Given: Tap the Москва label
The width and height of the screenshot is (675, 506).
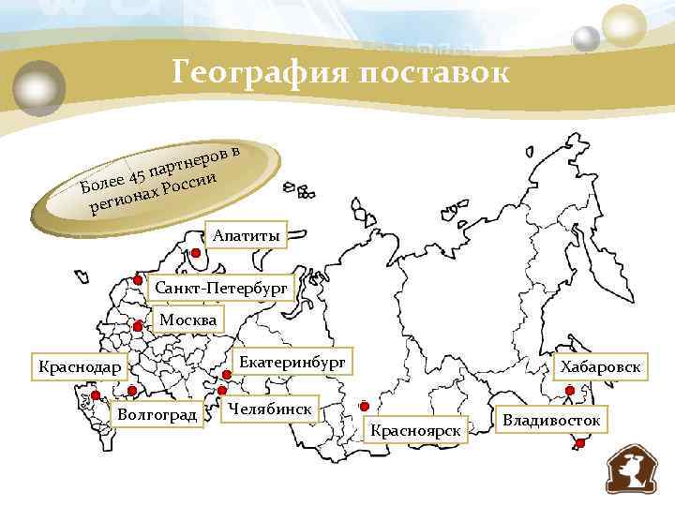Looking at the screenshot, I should [x=187, y=320].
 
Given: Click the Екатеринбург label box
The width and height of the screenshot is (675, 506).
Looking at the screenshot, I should [x=292, y=361].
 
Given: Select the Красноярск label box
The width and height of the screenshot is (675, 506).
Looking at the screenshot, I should [x=417, y=430].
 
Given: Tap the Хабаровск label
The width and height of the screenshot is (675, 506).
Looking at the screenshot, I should [x=601, y=366].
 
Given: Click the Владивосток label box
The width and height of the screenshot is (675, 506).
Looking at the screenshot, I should [x=551, y=419].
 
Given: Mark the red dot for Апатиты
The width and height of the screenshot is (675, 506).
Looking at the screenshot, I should [x=197, y=252].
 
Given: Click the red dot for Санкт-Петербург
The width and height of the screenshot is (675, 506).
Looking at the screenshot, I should [x=137, y=281].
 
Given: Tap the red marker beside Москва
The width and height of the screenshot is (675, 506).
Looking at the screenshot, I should [x=138, y=327].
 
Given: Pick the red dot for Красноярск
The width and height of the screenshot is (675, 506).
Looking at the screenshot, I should [x=365, y=407].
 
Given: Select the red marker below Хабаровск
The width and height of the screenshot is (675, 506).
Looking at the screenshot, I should [x=571, y=390].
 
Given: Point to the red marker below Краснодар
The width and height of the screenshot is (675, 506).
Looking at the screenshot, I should [x=96, y=395].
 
